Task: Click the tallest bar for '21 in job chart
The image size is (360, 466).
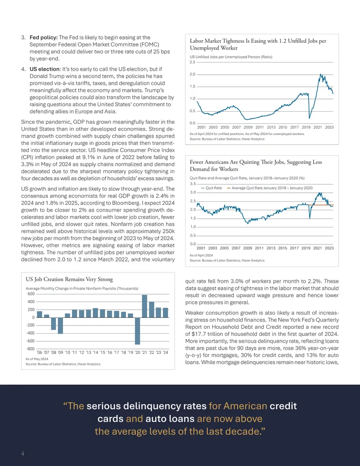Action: (x=144, y=306)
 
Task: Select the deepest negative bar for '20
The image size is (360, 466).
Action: (x=138, y=331)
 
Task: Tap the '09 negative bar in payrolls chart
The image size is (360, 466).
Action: (x=60, y=326)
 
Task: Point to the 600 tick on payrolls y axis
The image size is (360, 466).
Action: (x=31, y=294)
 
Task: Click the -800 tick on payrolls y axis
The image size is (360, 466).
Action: (x=31, y=349)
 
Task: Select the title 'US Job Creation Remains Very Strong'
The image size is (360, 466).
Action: (x=69, y=279)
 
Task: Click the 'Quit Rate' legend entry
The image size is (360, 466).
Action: (x=211, y=188)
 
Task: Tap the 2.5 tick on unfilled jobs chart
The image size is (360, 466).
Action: (x=193, y=62)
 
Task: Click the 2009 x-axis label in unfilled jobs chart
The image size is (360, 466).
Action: (x=248, y=127)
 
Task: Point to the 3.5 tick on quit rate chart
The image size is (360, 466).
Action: (x=193, y=184)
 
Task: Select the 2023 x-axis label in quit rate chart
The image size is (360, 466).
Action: (x=329, y=248)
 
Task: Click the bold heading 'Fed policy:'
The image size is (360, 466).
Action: (x=43, y=37)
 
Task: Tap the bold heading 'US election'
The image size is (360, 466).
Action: (x=45, y=69)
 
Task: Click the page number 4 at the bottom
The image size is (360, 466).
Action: (x=22, y=453)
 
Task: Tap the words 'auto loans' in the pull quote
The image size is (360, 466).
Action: (x=170, y=419)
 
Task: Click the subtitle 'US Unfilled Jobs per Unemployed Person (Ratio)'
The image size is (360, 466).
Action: (x=231, y=57)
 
